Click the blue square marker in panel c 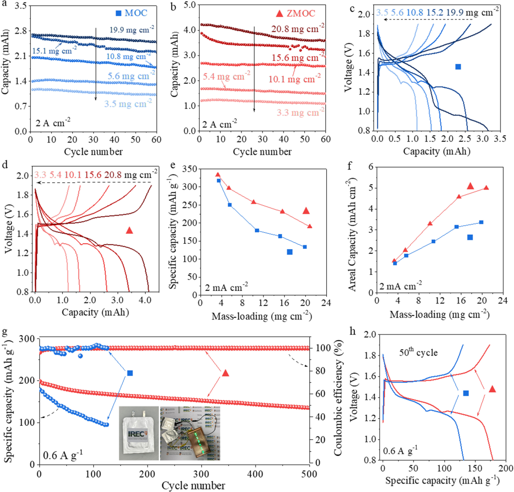pyautogui.click(x=458, y=67)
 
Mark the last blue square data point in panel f pyautogui.click(x=481, y=222)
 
